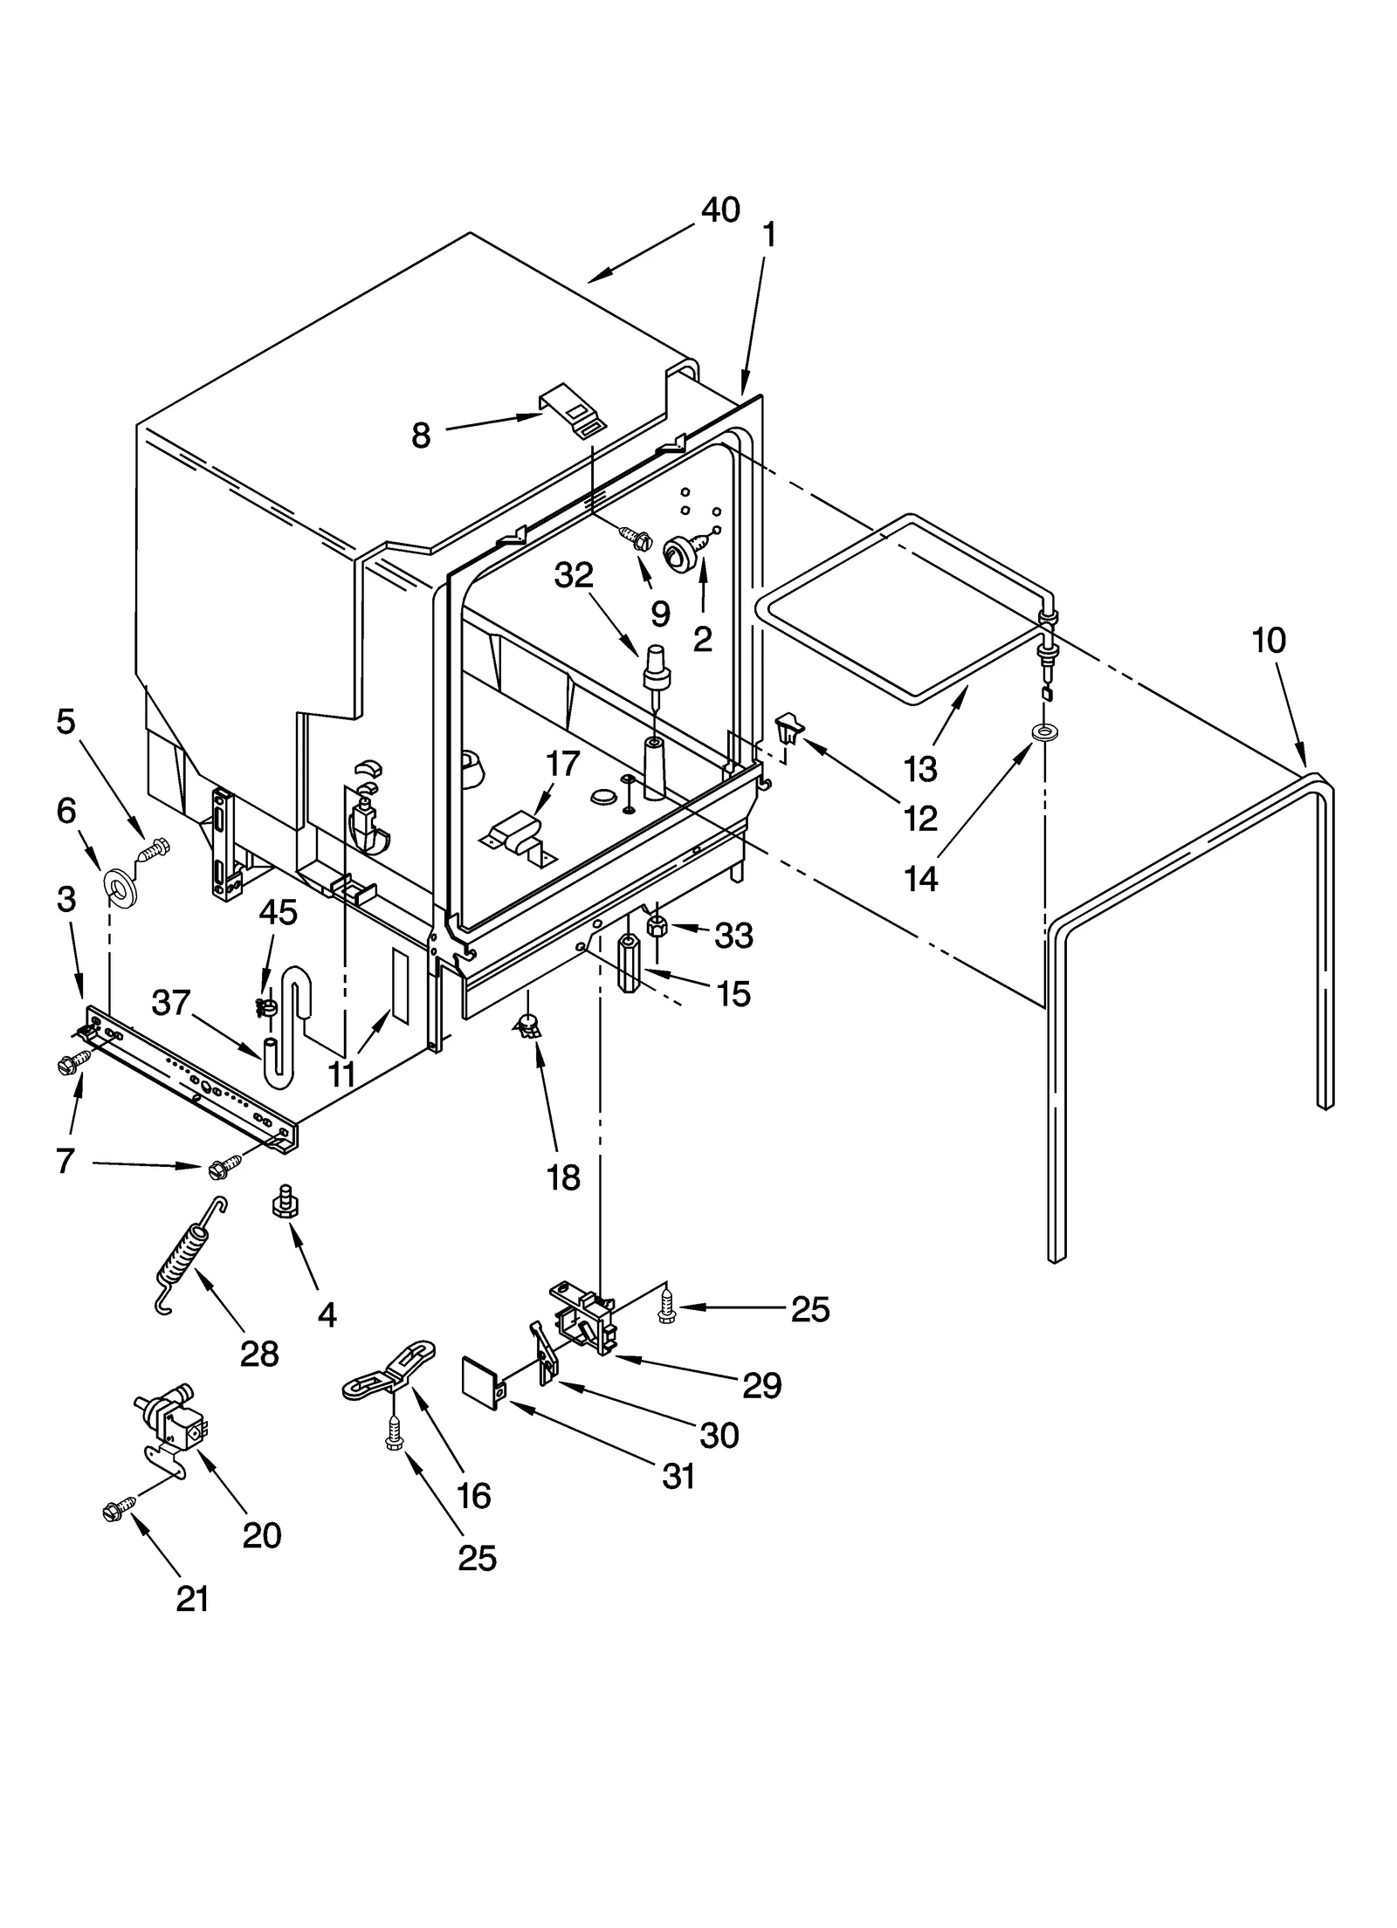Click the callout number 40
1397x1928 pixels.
[720, 210]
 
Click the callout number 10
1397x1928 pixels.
[1268, 641]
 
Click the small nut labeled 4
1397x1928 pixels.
[282, 1201]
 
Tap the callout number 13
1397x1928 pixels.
[920, 770]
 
